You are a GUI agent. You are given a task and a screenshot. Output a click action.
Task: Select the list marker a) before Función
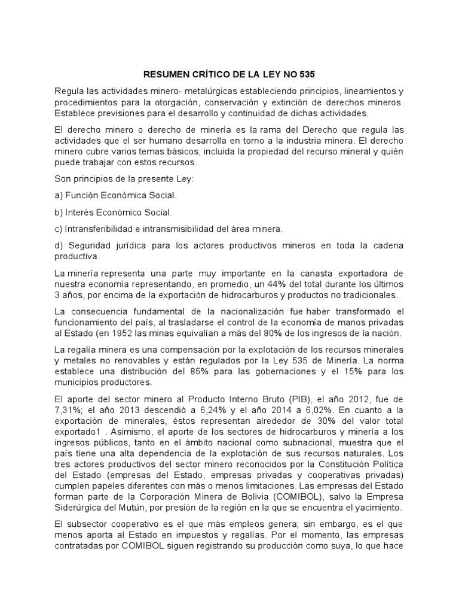tap(59, 196)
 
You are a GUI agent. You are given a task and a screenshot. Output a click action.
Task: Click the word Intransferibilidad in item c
tap(102, 229)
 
